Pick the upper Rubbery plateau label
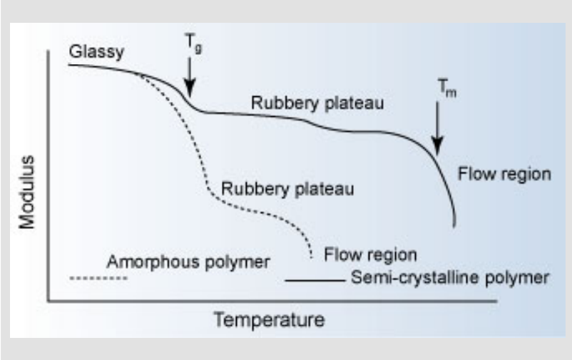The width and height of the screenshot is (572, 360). [317, 104]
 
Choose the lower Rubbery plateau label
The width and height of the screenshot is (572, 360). [288, 190]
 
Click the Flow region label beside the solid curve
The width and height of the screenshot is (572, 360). [504, 173]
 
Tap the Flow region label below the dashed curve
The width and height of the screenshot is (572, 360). [370, 254]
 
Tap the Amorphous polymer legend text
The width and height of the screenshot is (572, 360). [188, 261]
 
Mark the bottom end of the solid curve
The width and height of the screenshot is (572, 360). [454, 226]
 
